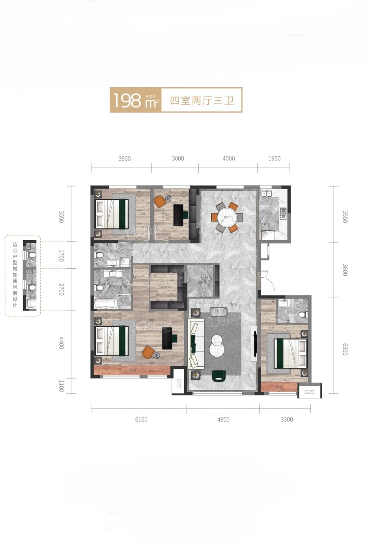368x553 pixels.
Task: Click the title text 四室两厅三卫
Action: coord(202,100)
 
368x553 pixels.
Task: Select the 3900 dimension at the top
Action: coord(124,158)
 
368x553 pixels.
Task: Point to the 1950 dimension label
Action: coord(274,158)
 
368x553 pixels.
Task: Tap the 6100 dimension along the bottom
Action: coord(141,419)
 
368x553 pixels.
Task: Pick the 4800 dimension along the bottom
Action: coord(223,419)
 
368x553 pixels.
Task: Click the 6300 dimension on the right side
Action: coord(345,349)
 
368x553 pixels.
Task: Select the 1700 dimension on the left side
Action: coord(61,256)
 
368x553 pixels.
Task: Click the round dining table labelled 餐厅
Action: coord(227,217)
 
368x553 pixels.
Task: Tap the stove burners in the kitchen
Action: coord(282,214)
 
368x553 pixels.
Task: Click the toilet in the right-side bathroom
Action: coord(302,315)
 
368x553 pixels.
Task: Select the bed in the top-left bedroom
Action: coord(112,213)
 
